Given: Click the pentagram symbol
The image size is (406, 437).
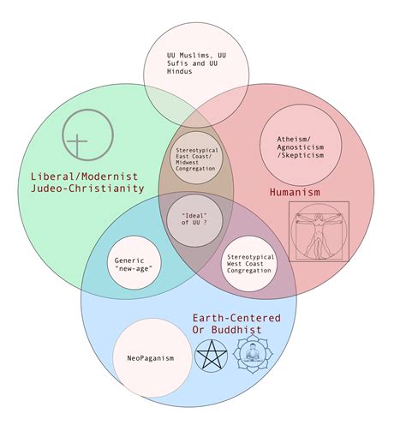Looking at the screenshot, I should (211, 355).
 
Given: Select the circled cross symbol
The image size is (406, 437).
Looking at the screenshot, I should (79, 136).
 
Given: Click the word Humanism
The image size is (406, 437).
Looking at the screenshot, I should (296, 192).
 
